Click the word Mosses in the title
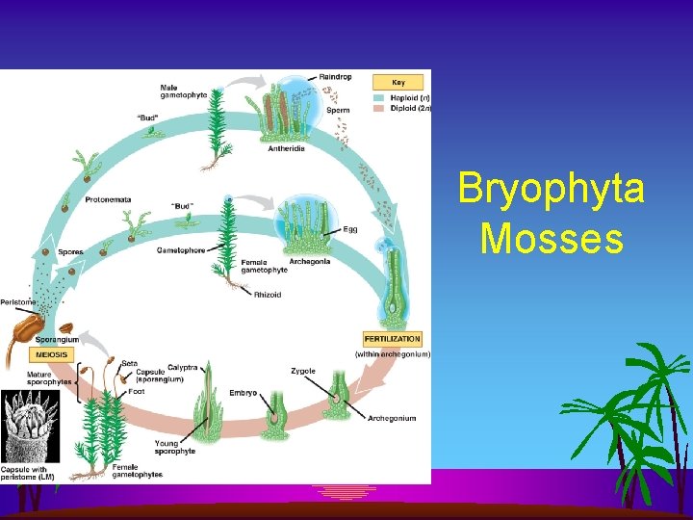(552, 237)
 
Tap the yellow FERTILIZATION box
(392, 339)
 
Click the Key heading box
(397, 83)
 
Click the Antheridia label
(287, 148)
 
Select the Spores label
(70, 252)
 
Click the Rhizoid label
(268, 295)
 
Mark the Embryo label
(243, 393)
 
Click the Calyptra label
(185, 367)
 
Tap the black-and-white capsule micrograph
(30, 425)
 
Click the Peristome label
(17, 301)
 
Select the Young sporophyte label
(176, 446)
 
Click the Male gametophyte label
(181, 91)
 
